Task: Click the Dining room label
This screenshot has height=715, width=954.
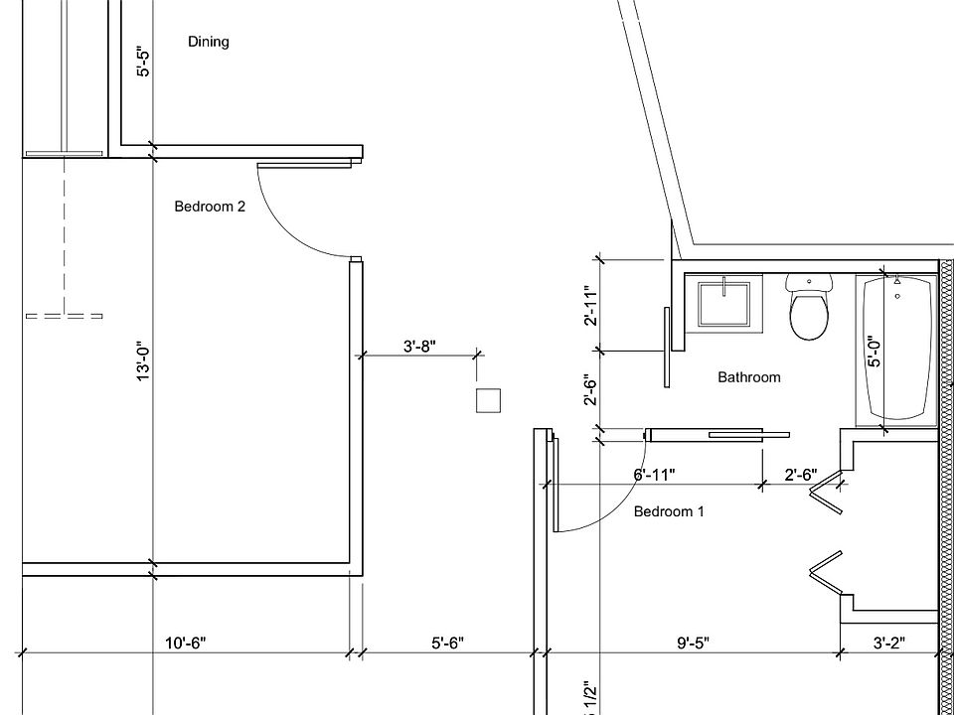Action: (x=208, y=42)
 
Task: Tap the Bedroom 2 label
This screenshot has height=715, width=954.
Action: (x=210, y=207)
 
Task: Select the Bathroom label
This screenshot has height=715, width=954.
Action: (x=749, y=377)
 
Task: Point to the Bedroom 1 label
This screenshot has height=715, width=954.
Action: (x=669, y=511)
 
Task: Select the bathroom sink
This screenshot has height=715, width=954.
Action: (x=725, y=303)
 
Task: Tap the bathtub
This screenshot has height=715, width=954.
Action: (x=898, y=348)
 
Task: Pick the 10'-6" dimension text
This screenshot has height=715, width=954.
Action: (x=186, y=643)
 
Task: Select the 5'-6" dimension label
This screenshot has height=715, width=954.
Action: (x=447, y=643)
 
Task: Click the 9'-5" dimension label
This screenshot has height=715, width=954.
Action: (x=694, y=643)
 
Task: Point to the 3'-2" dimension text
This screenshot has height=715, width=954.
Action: (x=889, y=643)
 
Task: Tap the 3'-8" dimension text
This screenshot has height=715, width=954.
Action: (x=419, y=346)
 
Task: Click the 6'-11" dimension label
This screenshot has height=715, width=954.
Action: (x=654, y=475)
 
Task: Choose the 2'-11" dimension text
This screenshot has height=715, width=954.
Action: (x=590, y=306)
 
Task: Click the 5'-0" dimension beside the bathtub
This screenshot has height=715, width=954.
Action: (x=874, y=352)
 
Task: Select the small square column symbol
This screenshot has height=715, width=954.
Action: (x=487, y=400)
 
